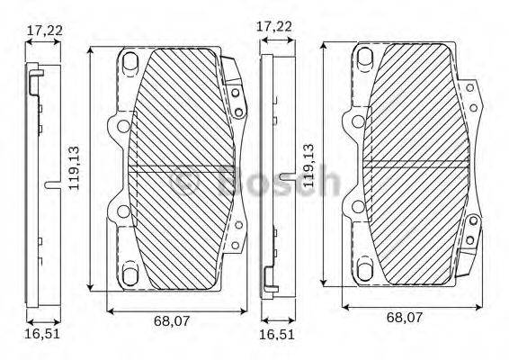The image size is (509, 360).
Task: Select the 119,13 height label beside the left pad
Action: point(76,167)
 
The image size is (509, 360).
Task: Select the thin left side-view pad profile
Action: point(35,180)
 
